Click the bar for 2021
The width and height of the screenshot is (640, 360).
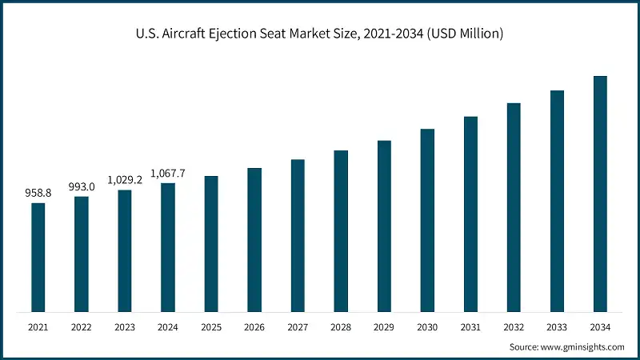(x=38, y=257)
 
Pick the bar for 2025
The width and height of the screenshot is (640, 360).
(x=211, y=243)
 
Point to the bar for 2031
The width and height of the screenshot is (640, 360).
(x=470, y=214)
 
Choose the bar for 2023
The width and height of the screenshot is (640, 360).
(x=125, y=250)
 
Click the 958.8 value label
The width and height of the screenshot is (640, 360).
(x=38, y=193)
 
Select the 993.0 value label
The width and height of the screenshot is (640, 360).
(x=82, y=186)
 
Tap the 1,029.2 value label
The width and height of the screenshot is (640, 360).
(x=125, y=179)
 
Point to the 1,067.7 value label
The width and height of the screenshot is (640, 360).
(x=168, y=173)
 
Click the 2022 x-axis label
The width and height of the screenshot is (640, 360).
(x=82, y=327)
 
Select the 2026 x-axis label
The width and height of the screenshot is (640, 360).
(x=254, y=327)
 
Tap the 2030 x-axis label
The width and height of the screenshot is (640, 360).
(x=427, y=327)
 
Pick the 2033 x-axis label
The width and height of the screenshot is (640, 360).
(x=557, y=327)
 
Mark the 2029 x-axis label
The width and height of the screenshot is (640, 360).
(x=384, y=327)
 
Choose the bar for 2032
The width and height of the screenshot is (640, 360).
(x=514, y=207)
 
